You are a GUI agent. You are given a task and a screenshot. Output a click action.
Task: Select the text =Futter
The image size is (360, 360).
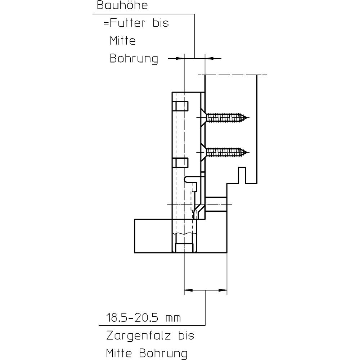point(125,24)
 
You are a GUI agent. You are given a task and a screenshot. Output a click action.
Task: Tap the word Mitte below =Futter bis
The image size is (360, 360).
point(123,41)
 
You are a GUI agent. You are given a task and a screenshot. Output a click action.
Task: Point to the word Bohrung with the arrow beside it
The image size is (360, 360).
point(134,59)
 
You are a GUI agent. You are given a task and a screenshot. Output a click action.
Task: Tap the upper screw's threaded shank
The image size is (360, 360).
point(225,118)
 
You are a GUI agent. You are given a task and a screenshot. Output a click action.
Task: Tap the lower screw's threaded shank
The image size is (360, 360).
point(225,152)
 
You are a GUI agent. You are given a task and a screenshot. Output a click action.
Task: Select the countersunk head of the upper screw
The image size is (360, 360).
point(202,118)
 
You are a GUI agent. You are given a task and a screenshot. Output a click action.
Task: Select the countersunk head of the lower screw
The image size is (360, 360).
point(202,152)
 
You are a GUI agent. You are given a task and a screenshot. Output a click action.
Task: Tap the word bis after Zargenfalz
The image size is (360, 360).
point(186,336)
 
